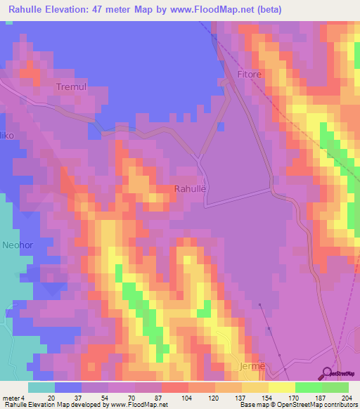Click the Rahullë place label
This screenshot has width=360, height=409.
pos(190,188)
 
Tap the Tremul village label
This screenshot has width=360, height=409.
pos(71,86)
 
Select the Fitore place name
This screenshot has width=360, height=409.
pos(250,74)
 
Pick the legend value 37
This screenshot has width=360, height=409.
pos(68,397)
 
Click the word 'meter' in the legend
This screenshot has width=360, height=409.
pos(11,397)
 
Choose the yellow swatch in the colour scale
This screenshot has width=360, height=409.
pos(281,387)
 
